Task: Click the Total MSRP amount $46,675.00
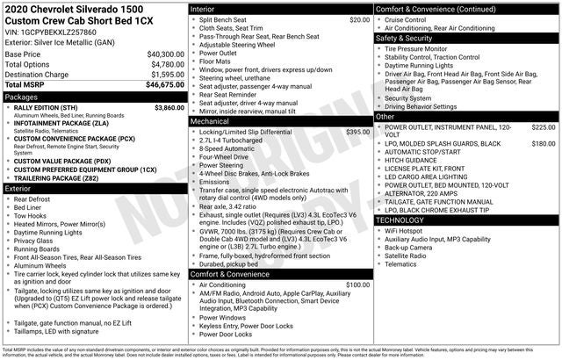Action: [160, 84]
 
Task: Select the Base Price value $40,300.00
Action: [160, 54]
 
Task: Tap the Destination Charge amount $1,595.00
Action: [162, 75]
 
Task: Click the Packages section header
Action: [21, 97]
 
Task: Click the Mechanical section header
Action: [213, 122]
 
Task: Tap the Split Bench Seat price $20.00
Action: [359, 19]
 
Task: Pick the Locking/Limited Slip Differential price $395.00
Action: [357, 132]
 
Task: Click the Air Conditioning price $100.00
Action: [357, 284]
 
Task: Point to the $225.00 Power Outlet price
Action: [544, 127]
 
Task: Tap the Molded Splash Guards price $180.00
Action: [544, 143]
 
